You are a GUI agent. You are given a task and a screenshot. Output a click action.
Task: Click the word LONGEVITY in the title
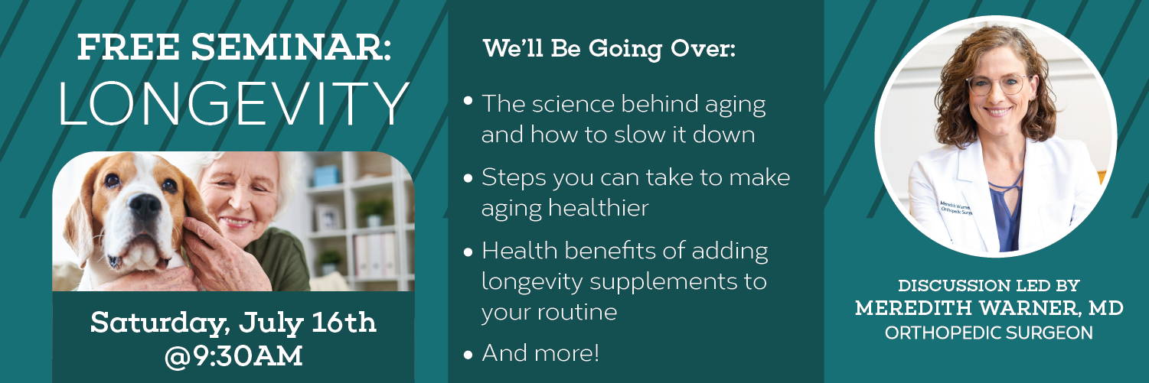(x=234, y=104)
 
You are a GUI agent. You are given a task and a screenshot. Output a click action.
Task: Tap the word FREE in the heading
(x=129, y=47)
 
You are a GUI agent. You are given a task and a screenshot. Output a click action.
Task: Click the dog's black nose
(x=145, y=206)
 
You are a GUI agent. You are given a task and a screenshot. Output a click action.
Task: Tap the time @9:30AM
(x=233, y=356)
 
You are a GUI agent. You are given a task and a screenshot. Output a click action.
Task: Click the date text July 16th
(x=307, y=323)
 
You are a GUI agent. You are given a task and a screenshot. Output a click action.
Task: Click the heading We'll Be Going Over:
(x=609, y=49)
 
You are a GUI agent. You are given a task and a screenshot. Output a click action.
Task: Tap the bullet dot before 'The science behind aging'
(x=468, y=100)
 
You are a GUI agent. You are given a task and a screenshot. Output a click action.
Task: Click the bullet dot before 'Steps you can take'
(x=468, y=179)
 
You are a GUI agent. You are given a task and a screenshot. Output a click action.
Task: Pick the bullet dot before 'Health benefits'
(x=468, y=252)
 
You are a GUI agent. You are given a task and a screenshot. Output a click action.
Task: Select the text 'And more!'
(x=540, y=353)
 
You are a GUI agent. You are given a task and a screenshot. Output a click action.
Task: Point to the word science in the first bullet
(x=573, y=104)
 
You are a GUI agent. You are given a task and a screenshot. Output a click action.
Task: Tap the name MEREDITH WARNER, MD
(x=990, y=308)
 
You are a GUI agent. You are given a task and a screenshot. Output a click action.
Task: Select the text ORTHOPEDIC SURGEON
(x=989, y=333)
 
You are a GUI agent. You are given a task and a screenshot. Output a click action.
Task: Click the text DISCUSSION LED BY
(x=989, y=285)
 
